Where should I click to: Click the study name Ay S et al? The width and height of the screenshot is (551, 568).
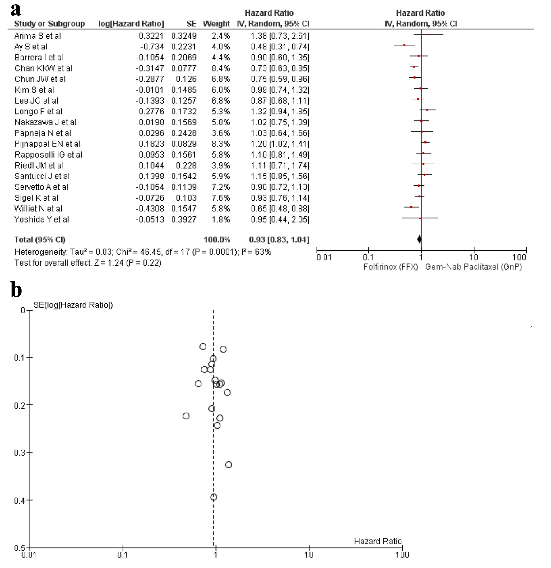[31, 47]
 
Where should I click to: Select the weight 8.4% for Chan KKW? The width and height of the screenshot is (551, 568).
[221, 68]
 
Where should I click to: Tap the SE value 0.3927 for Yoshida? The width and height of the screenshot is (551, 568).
[184, 219]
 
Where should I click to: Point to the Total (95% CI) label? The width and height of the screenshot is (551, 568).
[40, 240]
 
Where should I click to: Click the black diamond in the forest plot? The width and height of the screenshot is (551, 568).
[419, 239]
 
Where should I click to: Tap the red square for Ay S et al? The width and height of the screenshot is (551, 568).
[404, 45]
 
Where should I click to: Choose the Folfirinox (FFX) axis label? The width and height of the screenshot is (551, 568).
[391, 267]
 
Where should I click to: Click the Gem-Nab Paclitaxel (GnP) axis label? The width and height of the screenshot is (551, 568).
[473, 267]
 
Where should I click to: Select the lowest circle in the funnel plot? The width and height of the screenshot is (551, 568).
[214, 497]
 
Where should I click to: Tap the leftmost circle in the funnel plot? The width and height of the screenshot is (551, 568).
[186, 416]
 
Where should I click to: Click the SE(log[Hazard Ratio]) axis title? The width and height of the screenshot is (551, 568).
[73, 305]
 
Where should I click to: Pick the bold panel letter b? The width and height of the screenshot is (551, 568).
[16, 290]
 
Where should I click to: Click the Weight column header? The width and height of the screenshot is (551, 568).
[216, 24]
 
